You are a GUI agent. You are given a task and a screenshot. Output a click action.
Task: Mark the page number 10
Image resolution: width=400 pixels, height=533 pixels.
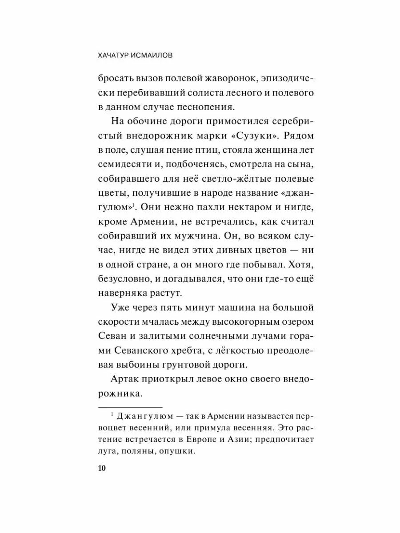[102, 468]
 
